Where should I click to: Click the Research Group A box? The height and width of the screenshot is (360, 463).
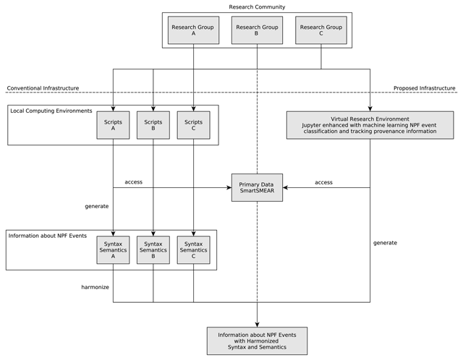tap(193, 30)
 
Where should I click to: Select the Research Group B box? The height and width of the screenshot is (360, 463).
tap(258, 30)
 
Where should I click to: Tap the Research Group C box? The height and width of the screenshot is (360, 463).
tap(321, 30)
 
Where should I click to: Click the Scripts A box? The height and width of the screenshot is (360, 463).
tap(113, 125)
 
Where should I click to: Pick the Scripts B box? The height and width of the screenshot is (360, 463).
tap(153, 125)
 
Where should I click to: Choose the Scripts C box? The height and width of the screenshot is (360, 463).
tap(193, 125)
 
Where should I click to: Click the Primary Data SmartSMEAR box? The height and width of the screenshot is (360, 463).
tap(258, 188)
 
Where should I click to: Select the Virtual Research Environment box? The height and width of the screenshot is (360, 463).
tap(370, 125)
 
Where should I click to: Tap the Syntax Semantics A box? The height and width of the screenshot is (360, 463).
tap(113, 250)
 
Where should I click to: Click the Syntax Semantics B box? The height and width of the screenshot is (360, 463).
tap(153, 250)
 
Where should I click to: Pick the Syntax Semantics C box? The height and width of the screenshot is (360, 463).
tap(193, 250)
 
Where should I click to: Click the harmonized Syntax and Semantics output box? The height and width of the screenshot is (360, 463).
tap(258, 340)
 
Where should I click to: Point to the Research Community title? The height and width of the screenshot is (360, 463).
tap(257, 7)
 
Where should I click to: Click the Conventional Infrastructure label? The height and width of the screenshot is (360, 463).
tap(43, 88)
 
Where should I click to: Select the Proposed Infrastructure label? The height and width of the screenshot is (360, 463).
tap(425, 88)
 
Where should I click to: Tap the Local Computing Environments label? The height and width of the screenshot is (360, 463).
tap(51, 111)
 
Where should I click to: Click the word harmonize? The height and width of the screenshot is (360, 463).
tap(95, 287)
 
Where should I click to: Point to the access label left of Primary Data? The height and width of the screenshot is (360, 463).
tap(133, 182)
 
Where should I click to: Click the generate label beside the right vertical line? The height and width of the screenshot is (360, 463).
tap(385, 243)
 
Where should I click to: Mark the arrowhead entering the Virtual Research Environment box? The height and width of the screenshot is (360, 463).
tap(370, 108)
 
